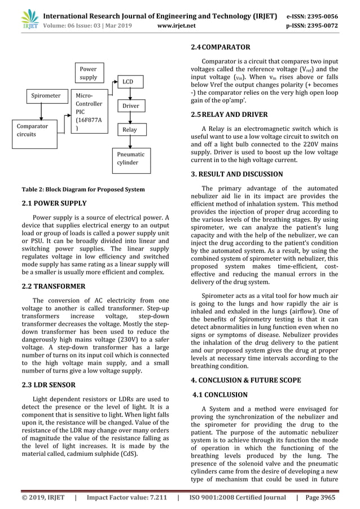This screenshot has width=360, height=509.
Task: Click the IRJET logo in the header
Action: [x=19, y=16]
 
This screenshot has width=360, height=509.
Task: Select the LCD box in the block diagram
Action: [x=128, y=82]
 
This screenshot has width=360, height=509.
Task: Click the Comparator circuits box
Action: [x=34, y=131]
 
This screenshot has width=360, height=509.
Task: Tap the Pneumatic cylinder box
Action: [x=131, y=158]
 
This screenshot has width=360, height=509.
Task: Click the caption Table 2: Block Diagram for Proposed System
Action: [x=82, y=190]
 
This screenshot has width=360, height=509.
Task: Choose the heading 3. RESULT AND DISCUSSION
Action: [x=238, y=174]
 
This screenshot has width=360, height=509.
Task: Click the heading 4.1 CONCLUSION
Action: [x=221, y=395]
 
